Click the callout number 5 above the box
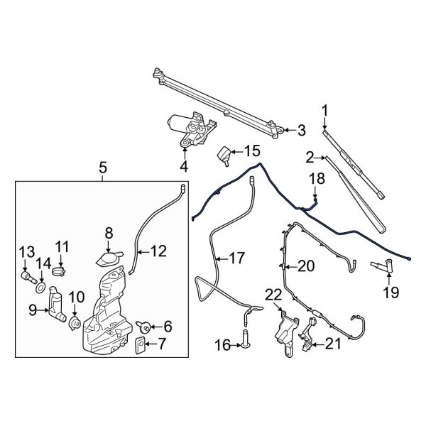pyautogui.click(x=103, y=169)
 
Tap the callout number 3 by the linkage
pyautogui.click(x=301, y=130)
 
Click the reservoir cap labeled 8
pyautogui.click(x=109, y=258)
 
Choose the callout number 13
pyautogui.click(x=26, y=251)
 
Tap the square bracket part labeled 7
pyautogui.click(x=141, y=346)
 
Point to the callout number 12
pyautogui.click(x=160, y=251)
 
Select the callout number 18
pyautogui.click(x=316, y=179)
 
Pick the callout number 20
pyautogui.click(x=306, y=266)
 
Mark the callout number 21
pyautogui.click(x=333, y=344)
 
